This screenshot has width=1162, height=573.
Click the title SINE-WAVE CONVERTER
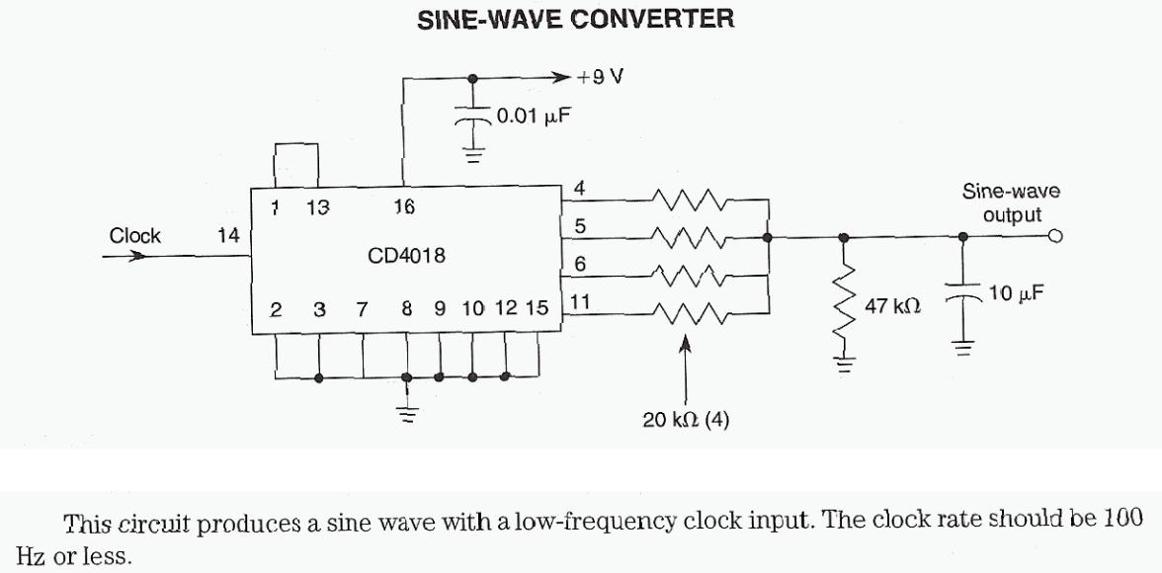point(577,21)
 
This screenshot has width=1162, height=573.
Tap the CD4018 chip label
point(405,256)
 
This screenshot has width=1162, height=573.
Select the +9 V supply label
point(601,76)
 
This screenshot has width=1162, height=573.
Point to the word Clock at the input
point(135,236)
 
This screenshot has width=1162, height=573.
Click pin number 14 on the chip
point(228,236)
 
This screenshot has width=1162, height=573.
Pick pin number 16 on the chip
point(404,207)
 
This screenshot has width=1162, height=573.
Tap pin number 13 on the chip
point(317,207)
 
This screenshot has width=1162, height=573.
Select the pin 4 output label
point(580,188)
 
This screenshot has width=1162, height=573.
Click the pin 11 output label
point(581,303)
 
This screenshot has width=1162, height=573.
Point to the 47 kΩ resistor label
point(893,307)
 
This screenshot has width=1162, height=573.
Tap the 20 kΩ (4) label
point(687,420)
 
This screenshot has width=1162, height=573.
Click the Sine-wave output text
point(1011,205)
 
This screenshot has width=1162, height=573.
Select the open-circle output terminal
point(1055,237)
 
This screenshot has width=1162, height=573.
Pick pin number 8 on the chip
point(406,309)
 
